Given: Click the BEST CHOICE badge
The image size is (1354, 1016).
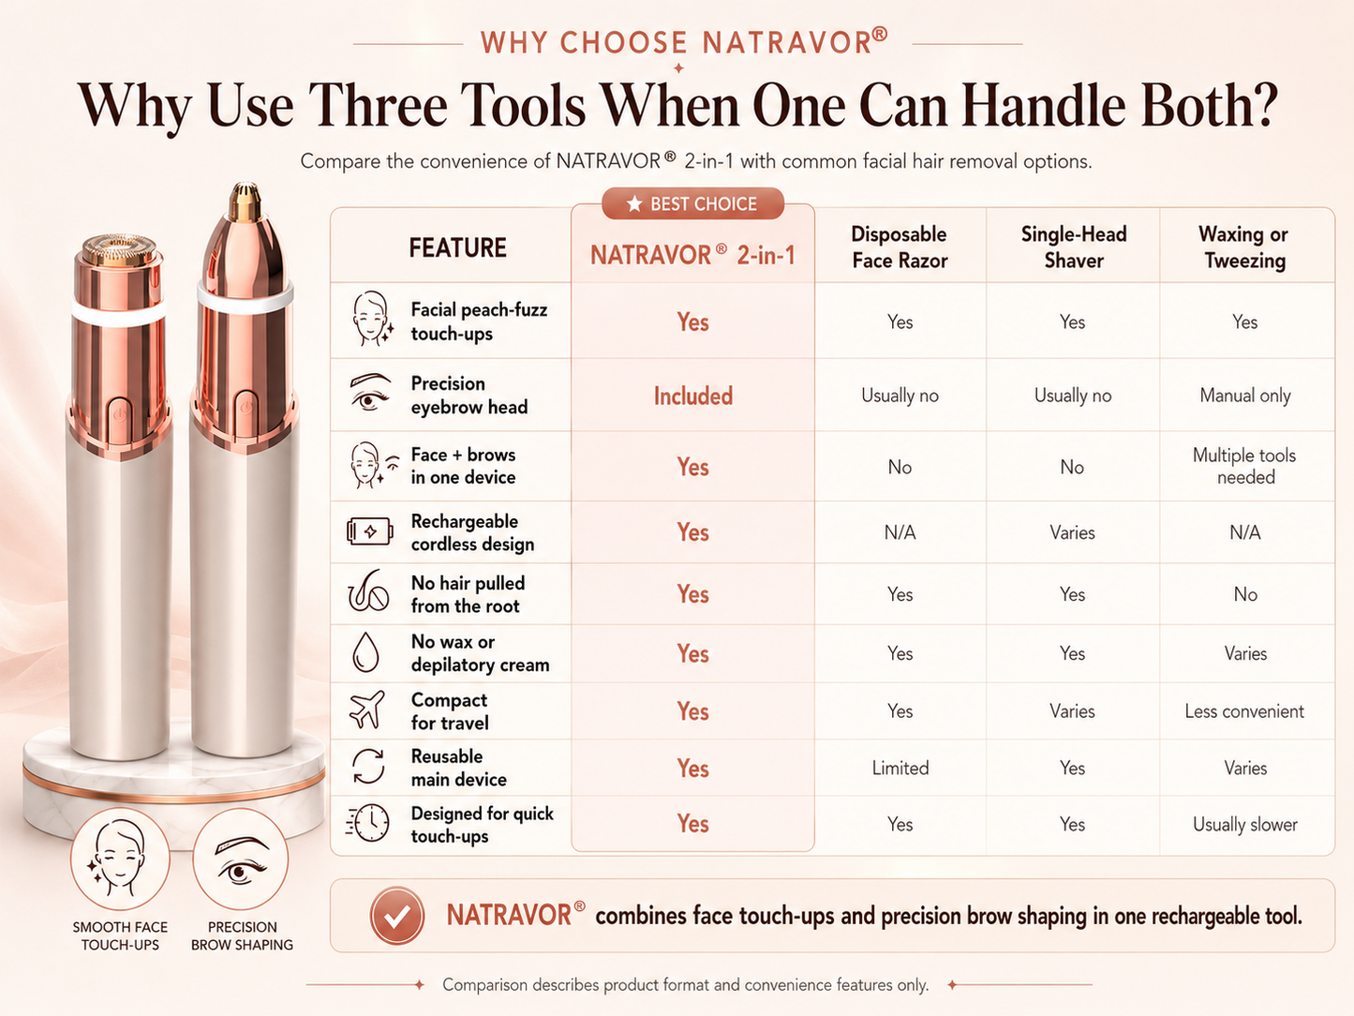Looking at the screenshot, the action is click(692, 203).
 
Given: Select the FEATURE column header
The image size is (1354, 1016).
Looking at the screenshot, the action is click(457, 247).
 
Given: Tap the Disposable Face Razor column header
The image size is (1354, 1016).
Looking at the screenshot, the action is click(900, 247).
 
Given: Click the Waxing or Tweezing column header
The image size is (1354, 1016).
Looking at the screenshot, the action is click(1244, 247).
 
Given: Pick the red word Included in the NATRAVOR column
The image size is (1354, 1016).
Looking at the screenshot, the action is click(693, 396).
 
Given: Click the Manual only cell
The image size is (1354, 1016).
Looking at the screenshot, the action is click(1244, 396).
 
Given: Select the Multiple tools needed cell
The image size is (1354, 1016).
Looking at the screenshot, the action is click(1244, 466).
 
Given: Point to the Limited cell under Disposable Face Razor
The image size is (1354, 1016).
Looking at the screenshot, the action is click(900, 768).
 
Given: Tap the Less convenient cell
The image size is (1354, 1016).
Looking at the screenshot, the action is click(1244, 711).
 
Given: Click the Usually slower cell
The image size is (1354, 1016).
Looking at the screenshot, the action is click(1244, 824).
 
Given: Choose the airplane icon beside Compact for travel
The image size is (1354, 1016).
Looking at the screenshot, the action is click(367, 710).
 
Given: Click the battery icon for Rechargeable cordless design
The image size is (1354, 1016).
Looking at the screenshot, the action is click(369, 531).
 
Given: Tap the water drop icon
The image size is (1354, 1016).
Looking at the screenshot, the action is click(365, 652).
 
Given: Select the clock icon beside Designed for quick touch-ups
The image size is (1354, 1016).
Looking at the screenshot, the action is click(367, 823).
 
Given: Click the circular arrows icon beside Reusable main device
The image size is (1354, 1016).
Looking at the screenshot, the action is click(368, 766).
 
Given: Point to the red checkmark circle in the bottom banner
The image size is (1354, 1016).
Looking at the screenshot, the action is click(396, 916).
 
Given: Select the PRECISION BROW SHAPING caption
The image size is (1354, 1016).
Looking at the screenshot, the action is click(242, 935).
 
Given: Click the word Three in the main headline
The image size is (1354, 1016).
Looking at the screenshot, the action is click(378, 105).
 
